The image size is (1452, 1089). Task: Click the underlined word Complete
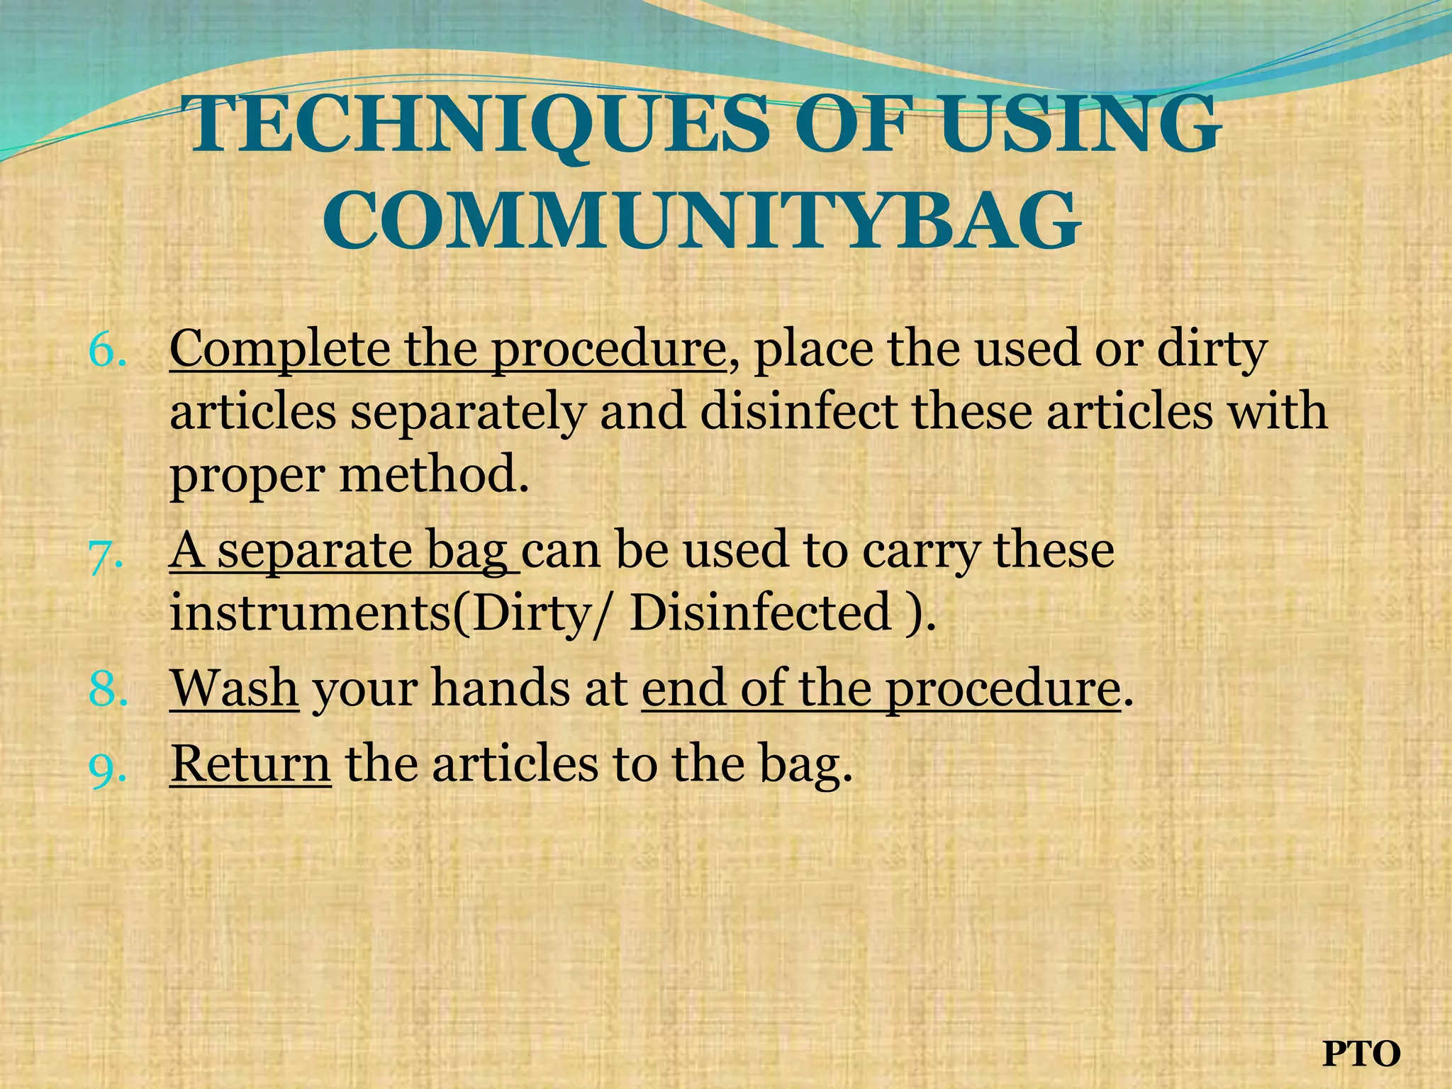(x=281, y=350)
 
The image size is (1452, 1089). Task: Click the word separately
(x=468, y=413)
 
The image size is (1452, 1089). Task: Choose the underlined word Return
(x=250, y=764)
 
